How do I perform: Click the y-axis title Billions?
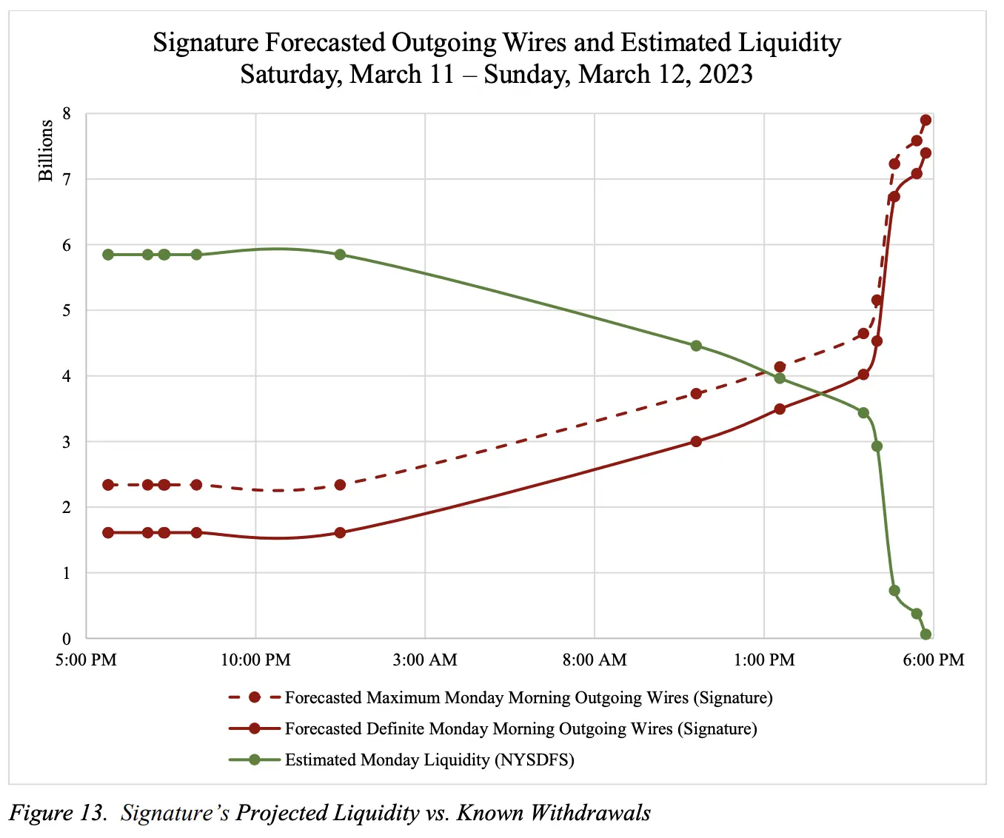[x=46, y=150]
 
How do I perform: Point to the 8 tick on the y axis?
[x=67, y=114]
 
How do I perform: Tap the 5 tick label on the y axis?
[x=67, y=311]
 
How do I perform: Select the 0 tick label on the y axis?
[x=67, y=639]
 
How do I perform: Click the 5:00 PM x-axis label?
[x=86, y=660]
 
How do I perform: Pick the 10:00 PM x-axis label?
[x=255, y=660]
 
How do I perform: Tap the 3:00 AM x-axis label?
[x=425, y=660]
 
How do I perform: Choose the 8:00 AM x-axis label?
[x=595, y=660]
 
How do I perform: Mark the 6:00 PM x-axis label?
[x=934, y=660]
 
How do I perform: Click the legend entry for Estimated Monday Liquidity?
[x=429, y=760]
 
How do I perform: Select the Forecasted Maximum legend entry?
[x=528, y=698]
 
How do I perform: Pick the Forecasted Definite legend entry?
[x=521, y=729]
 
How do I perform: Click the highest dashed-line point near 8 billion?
[x=926, y=120]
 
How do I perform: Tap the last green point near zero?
[x=926, y=634]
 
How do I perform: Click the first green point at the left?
[x=108, y=255]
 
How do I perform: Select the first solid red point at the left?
[x=108, y=533]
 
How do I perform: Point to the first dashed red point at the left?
[x=108, y=485]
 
